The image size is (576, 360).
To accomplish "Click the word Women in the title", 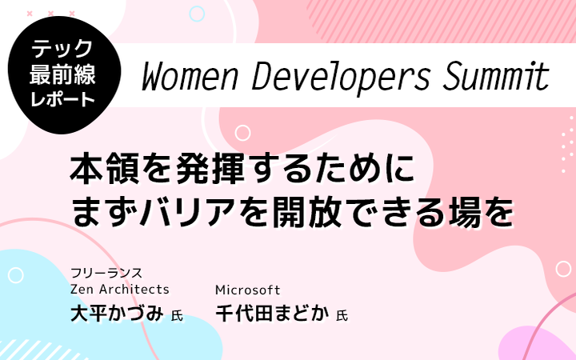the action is (x=190, y=77).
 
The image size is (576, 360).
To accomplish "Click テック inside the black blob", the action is (x=62, y=49).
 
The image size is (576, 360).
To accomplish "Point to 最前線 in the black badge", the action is (x=62, y=74).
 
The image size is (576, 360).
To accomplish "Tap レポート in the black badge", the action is (x=62, y=99).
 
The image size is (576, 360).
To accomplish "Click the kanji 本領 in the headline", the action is (x=105, y=169).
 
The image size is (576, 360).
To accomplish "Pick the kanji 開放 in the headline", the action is (x=307, y=212).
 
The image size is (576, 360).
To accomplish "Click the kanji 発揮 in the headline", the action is (x=210, y=169).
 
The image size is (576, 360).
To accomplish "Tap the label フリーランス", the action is (x=106, y=273).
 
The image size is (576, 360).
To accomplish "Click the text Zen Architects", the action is (x=120, y=290).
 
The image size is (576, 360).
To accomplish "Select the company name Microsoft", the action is (x=247, y=290).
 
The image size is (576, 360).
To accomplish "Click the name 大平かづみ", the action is (x=117, y=314).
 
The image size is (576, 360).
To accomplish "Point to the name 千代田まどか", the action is (x=272, y=314).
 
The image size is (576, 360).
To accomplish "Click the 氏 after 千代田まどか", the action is (x=342, y=315).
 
